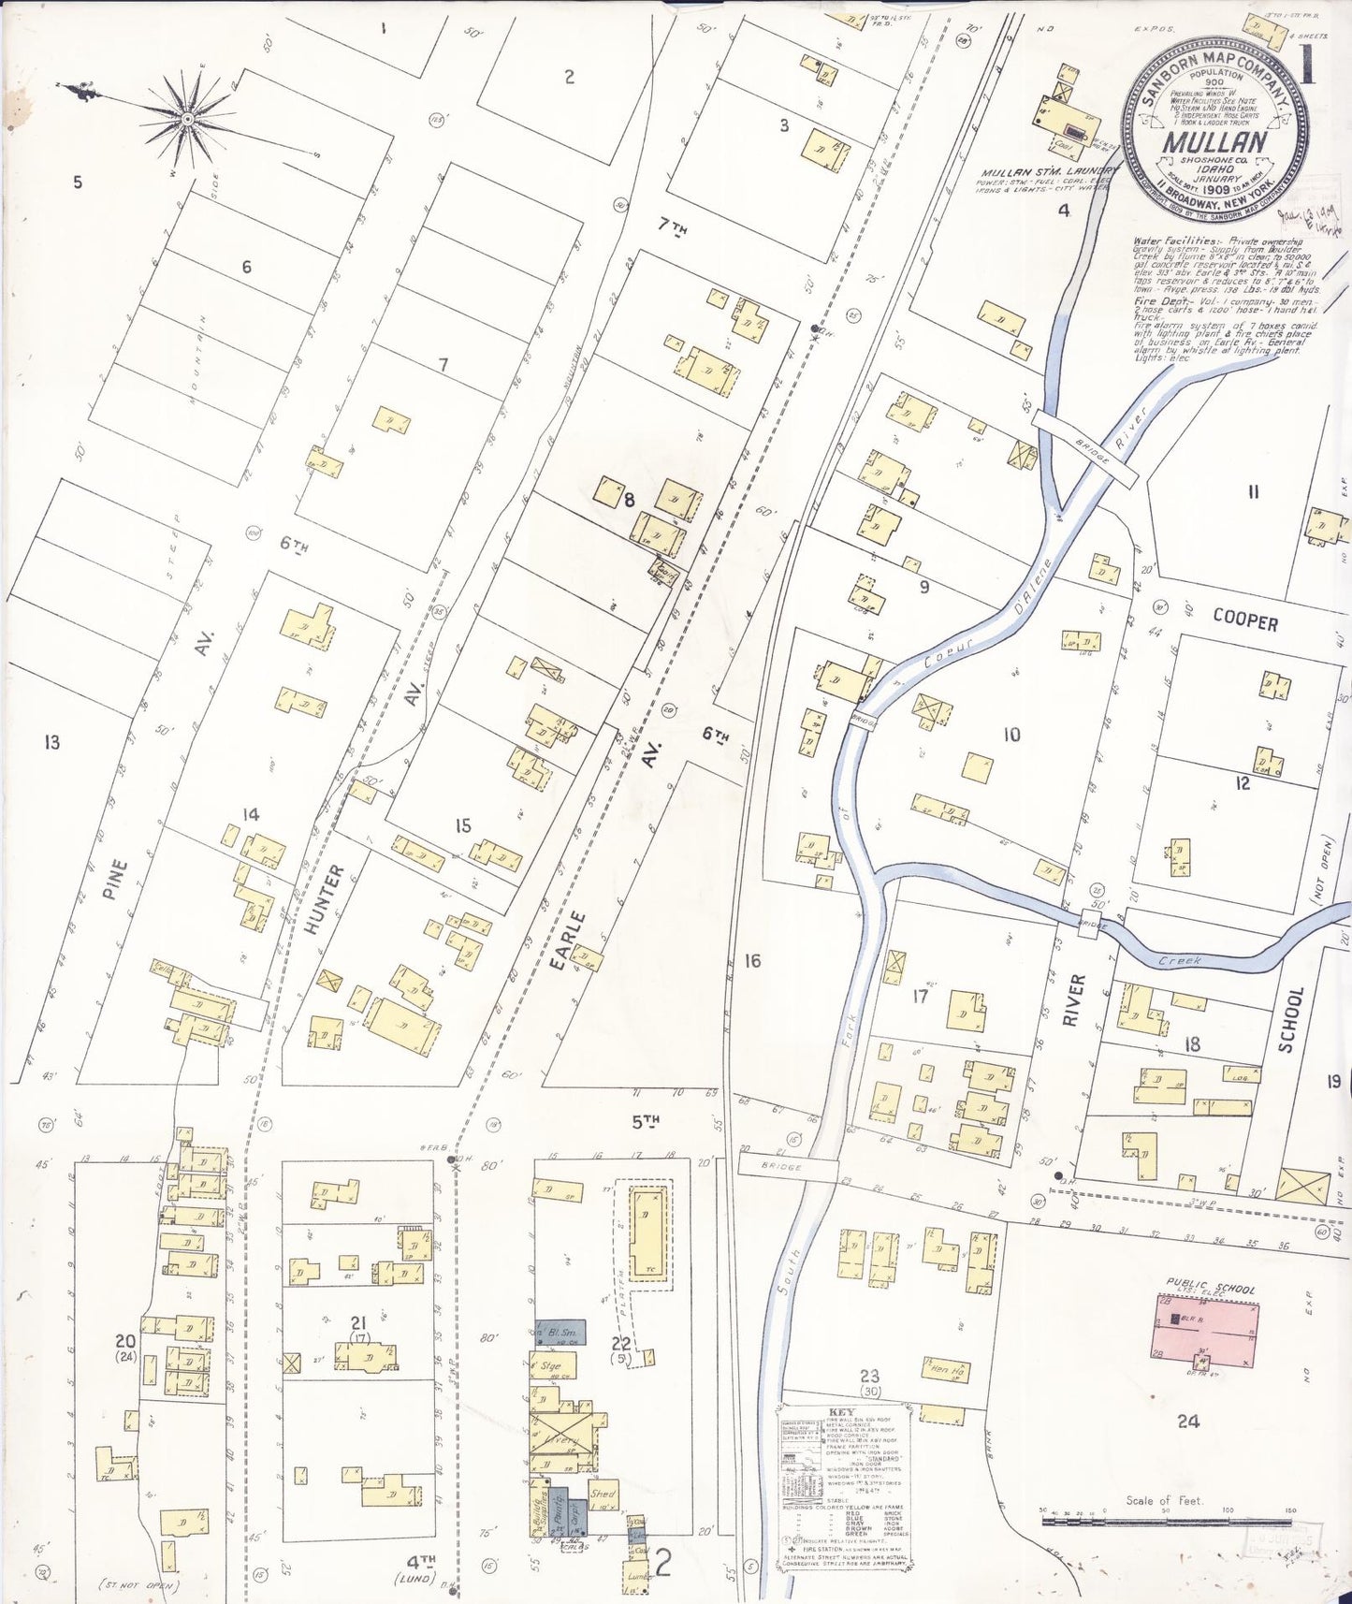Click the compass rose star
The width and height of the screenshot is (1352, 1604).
(x=187, y=119)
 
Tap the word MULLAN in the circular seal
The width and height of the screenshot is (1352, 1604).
(x=1214, y=142)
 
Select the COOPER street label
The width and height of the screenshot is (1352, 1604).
(x=1244, y=620)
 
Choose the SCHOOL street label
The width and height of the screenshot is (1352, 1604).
(x=1290, y=1020)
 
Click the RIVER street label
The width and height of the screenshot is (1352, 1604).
(x=1074, y=999)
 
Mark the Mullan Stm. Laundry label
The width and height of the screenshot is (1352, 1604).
(x=1046, y=172)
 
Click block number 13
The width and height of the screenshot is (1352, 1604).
(x=51, y=742)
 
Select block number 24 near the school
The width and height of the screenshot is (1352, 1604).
(x=1187, y=1422)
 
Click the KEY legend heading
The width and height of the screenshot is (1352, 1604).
(x=841, y=1413)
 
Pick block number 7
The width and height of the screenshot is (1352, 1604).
(x=443, y=365)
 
